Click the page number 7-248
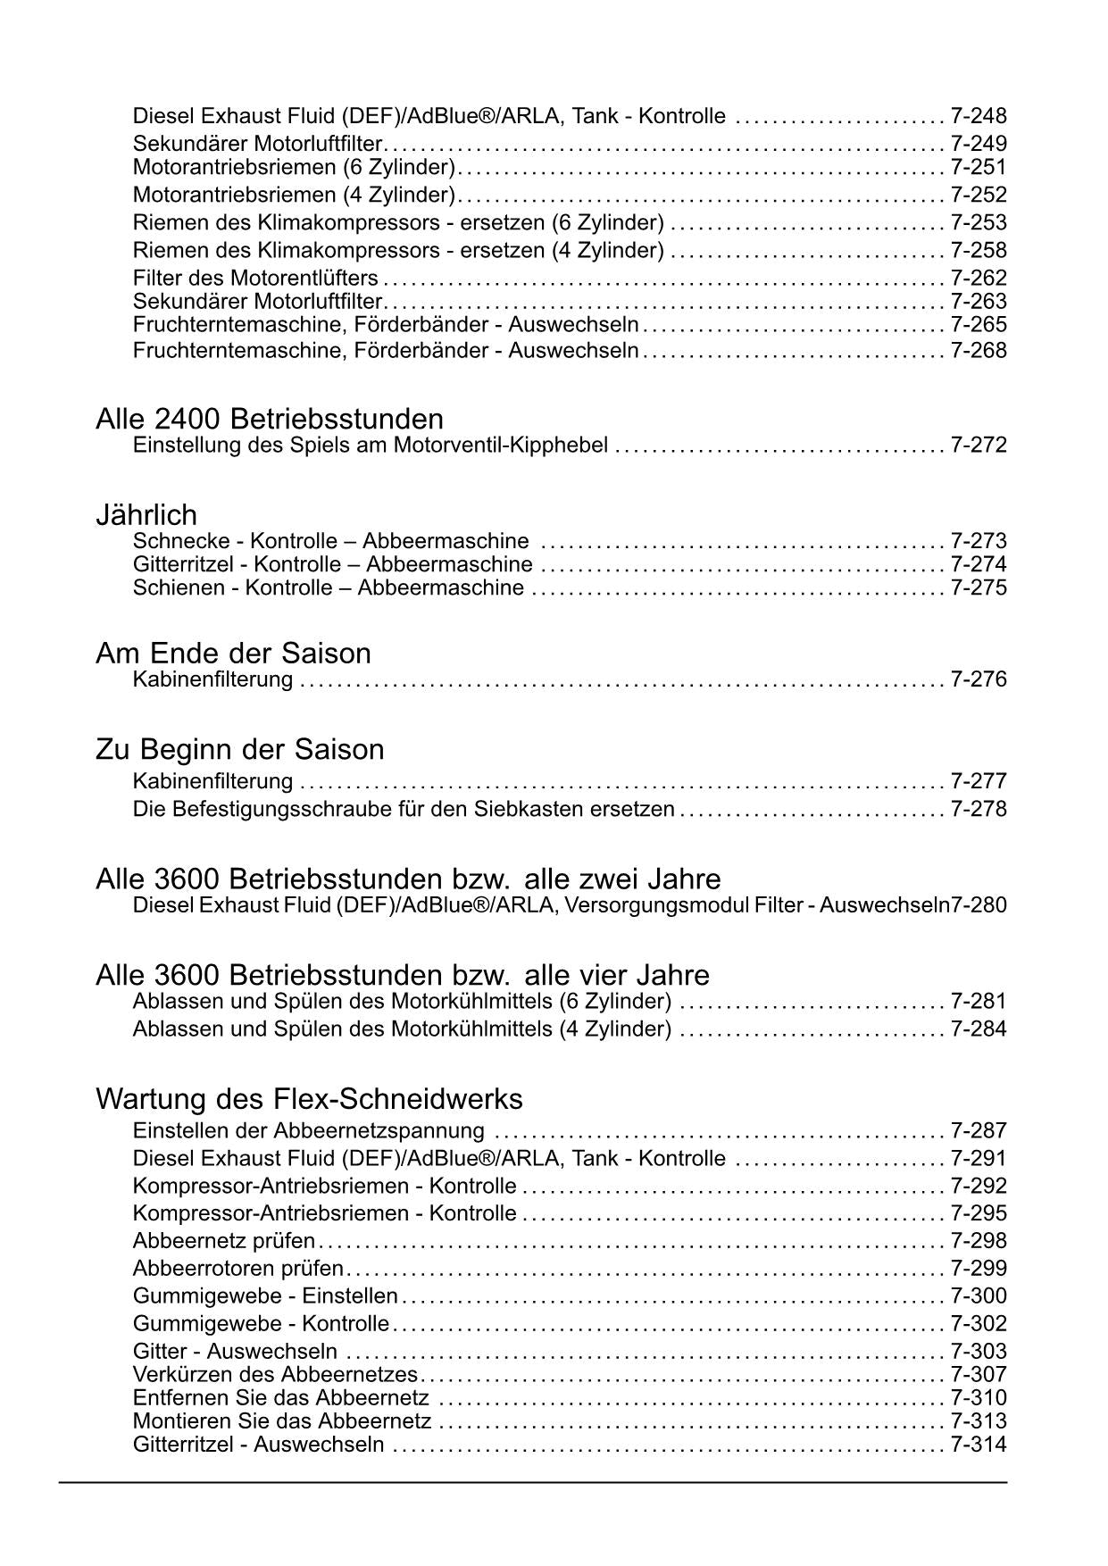979,116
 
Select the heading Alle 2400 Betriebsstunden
270,419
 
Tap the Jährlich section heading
146,515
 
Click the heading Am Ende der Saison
233,654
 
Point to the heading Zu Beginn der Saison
240,749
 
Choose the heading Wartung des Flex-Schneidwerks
309,1098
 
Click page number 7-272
979,445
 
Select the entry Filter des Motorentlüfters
255,278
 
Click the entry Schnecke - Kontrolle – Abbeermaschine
330,541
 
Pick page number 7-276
979,679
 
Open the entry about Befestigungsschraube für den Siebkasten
404,809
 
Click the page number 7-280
979,905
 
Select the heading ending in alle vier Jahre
403,975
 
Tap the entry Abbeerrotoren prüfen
237,1269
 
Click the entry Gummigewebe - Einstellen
265,1296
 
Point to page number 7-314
979,1445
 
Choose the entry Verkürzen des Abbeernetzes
275,1375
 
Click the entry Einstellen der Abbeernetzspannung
309,1131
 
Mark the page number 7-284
979,1029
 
